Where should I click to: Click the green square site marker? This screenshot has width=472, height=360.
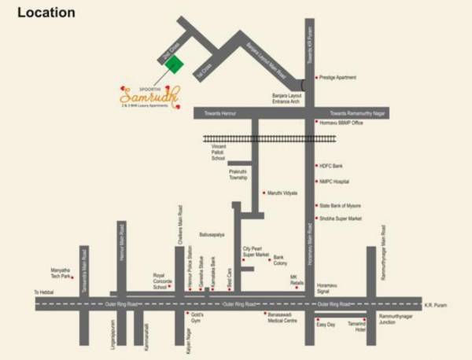[x=175, y=64]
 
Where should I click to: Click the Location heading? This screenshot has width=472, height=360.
[x=46, y=13]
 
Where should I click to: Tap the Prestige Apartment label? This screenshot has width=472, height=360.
[x=338, y=77]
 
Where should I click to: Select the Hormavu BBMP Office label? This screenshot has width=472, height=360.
[x=341, y=123]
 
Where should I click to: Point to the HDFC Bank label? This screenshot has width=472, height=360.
[x=330, y=167]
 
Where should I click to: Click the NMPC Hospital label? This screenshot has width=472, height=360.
[x=334, y=182]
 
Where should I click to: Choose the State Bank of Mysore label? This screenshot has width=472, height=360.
[x=341, y=206]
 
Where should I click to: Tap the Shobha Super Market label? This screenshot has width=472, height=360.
[x=340, y=219]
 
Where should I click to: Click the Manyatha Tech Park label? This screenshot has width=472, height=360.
[x=60, y=272]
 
